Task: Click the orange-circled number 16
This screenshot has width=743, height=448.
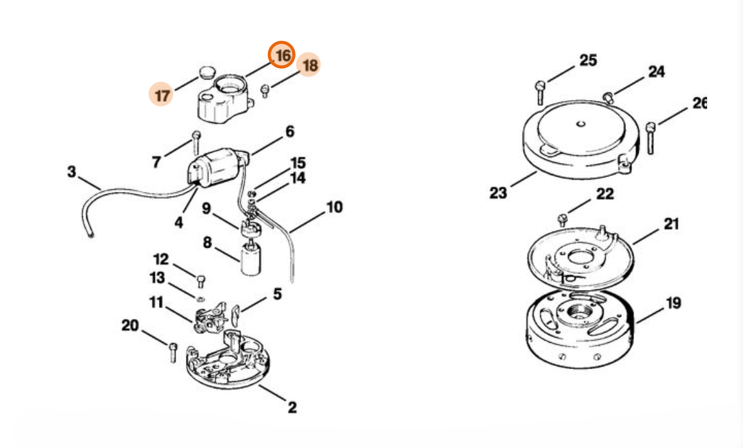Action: tap(282, 55)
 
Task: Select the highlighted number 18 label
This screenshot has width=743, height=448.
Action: tap(309, 64)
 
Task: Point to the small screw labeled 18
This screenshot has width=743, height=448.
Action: tap(265, 90)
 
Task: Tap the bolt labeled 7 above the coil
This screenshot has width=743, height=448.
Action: tap(196, 142)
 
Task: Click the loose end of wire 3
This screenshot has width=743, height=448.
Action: tap(90, 234)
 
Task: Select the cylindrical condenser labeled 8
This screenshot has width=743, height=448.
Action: tap(251, 259)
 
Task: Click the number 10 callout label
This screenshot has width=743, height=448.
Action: tap(334, 207)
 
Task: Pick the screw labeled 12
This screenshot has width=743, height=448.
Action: tap(201, 280)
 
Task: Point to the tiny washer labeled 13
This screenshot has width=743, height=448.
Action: tap(201, 298)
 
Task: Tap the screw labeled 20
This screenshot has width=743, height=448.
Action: tap(173, 352)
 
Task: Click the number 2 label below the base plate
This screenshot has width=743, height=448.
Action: tap(292, 407)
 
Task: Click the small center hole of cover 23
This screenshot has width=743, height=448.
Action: tap(580, 125)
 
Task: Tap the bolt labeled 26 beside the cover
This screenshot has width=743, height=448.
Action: tap(651, 138)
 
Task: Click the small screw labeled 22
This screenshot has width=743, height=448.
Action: tap(563, 220)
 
